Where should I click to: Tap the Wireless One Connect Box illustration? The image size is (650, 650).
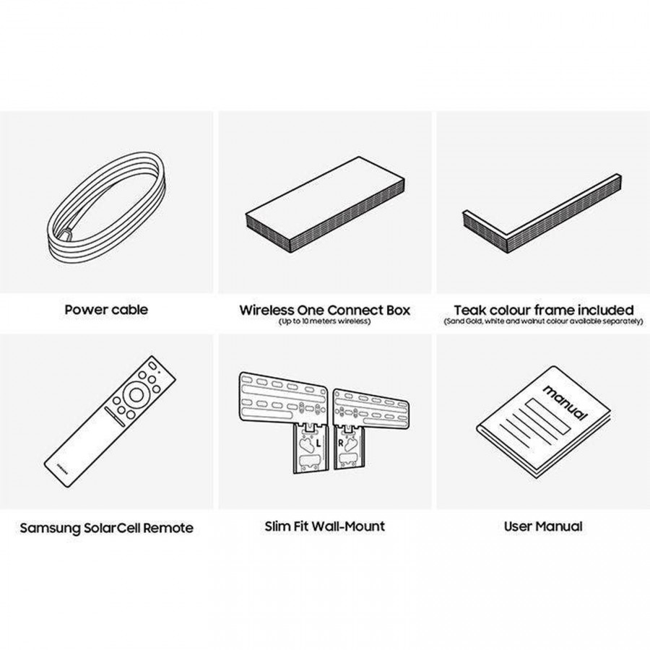[325, 204]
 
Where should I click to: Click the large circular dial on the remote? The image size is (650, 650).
[136, 394]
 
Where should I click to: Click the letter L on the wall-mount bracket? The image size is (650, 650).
[318, 443]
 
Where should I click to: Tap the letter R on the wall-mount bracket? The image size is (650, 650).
[341, 443]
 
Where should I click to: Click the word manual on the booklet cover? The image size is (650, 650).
[565, 402]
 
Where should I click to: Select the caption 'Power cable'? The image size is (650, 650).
[106, 310]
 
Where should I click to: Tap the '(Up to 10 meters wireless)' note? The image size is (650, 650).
[324, 321]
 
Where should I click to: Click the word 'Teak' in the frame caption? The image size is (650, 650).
[470, 310]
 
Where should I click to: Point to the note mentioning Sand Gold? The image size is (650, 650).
[543, 321]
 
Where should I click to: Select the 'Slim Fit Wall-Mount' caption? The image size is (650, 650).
[324, 526]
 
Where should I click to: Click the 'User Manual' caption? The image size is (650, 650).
[543, 526]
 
